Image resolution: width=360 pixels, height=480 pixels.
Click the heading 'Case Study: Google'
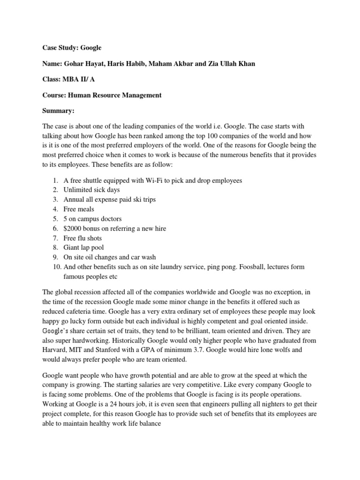coord(72,47)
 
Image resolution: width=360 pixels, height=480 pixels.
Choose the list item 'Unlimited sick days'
coord(91,190)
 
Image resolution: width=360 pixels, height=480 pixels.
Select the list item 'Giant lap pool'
coord(84,247)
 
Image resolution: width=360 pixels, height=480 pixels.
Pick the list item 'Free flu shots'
coord(82,238)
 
